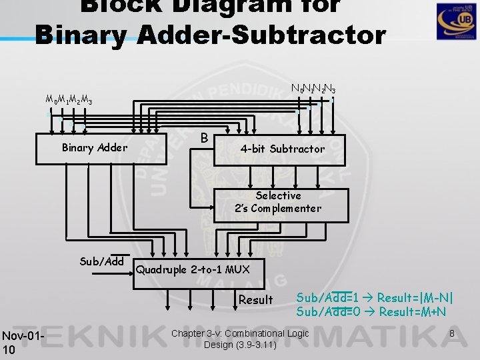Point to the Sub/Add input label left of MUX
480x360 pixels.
point(101,261)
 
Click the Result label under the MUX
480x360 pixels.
point(255,300)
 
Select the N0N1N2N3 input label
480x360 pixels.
point(313,88)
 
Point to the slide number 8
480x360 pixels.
point(452,333)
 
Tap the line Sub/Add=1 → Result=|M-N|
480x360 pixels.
point(379,297)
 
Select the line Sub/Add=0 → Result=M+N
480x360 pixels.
point(371,312)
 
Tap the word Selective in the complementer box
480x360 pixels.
point(278,196)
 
